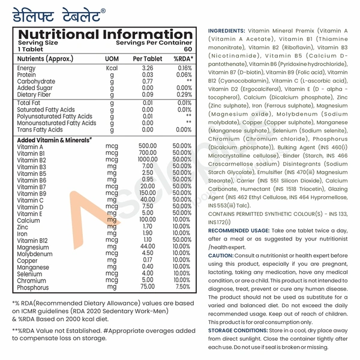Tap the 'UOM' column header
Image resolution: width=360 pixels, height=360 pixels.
[x=112, y=59]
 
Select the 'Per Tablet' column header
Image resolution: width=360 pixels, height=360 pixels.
[x=148, y=59]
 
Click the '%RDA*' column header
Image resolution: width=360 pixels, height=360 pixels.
[x=182, y=59]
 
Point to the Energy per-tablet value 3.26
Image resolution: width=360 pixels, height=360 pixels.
[x=148, y=68]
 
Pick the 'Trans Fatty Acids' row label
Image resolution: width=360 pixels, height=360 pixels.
[x=40, y=130]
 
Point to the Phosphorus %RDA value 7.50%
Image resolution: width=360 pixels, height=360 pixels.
[x=183, y=287]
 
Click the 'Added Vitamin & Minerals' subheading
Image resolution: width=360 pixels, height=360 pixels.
[x=54, y=140]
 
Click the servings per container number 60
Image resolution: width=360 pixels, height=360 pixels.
[x=187, y=50]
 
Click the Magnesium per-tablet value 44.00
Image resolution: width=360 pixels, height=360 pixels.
[x=148, y=247]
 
